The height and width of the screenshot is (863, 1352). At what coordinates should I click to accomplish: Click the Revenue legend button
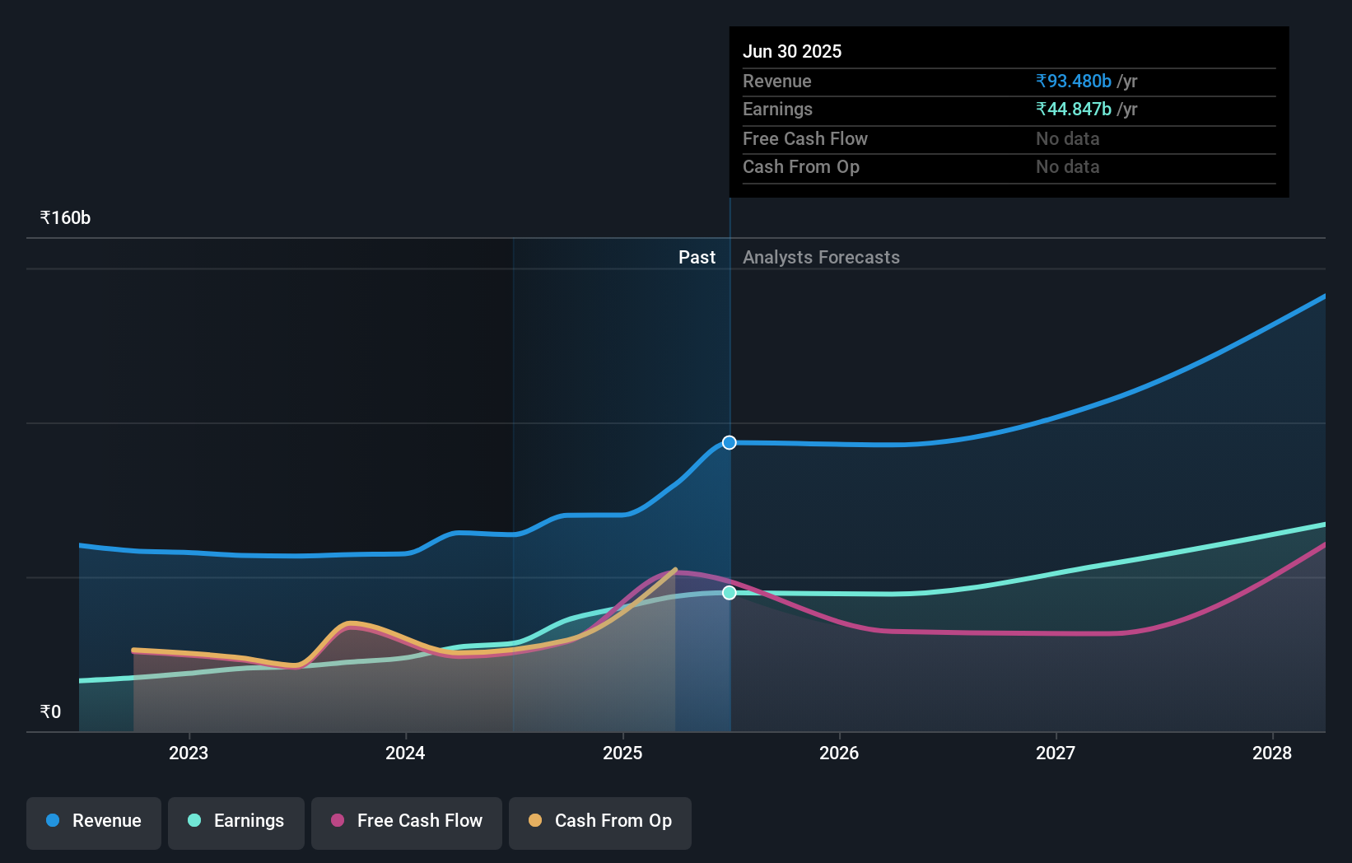pos(94,822)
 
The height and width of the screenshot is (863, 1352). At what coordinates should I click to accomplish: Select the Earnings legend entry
pos(236,822)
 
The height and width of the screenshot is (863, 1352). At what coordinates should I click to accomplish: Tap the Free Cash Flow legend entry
pos(407,822)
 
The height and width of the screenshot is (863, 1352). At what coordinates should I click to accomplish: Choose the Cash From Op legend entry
pos(600,822)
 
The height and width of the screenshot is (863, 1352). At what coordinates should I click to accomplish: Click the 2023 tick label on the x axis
pos(189,753)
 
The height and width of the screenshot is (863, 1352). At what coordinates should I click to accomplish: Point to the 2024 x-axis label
pos(405,753)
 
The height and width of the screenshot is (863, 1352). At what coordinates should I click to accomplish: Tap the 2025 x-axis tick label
pos(622,753)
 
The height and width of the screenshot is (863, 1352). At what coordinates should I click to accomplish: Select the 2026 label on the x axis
pos(839,753)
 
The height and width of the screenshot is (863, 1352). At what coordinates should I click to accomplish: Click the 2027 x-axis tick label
pos(1056,753)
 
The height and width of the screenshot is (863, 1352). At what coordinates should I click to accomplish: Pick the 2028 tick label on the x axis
pos(1272,753)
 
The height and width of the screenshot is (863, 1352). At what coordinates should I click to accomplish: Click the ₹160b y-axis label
pos(65,218)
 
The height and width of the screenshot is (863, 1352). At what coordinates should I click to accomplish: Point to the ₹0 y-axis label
pos(51,712)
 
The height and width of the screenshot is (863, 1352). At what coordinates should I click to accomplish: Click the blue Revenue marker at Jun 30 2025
pos(730,443)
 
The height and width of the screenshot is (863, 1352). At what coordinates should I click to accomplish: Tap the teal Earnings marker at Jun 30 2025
pos(730,593)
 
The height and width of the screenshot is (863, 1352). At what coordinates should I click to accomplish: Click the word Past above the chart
pos(697,258)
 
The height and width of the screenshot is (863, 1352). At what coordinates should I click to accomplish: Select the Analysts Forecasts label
pos(821,258)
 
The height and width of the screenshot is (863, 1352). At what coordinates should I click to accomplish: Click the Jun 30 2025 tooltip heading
pos(792,52)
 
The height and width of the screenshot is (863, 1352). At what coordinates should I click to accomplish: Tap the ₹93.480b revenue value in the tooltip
pos(1074,82)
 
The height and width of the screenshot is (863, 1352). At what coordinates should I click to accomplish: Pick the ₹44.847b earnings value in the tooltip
pos(1074,110)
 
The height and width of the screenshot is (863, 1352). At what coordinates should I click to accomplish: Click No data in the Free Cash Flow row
pos(1067,139)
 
